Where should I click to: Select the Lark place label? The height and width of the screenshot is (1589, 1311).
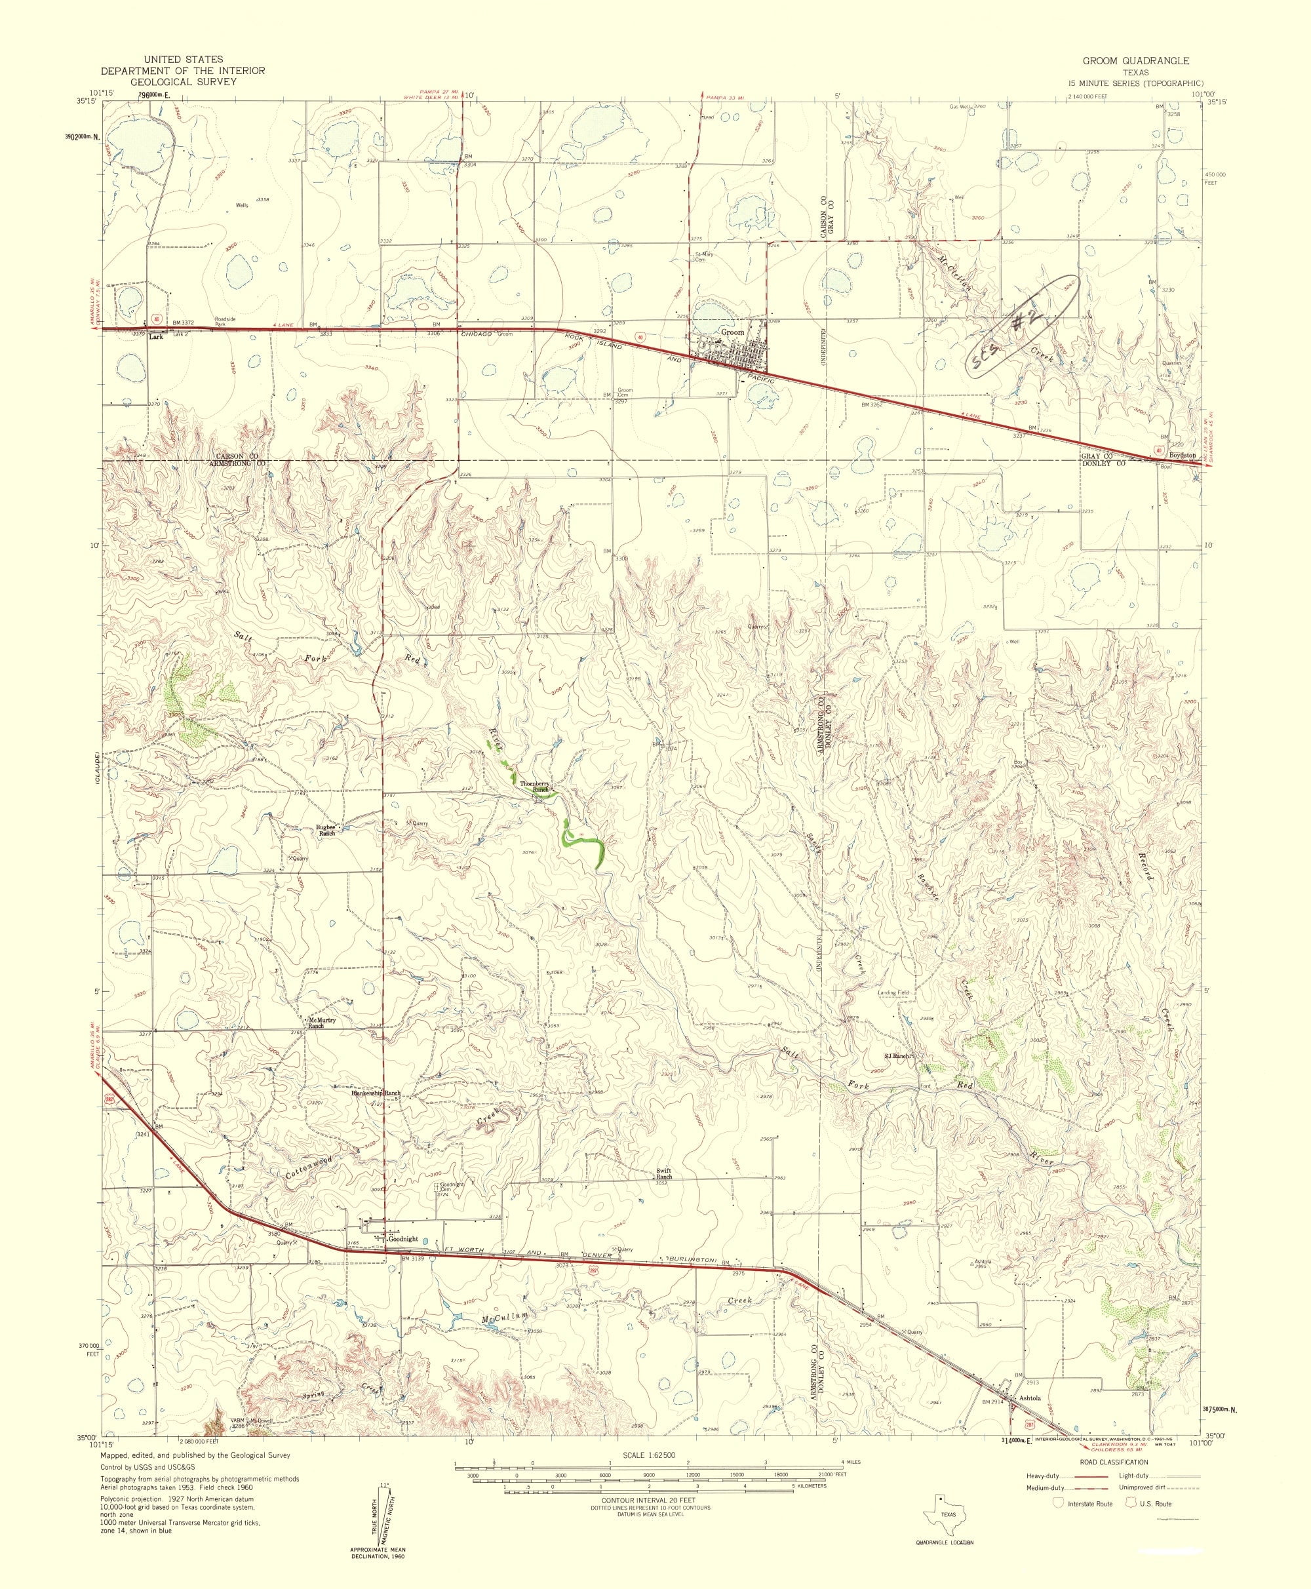(x=156, y=337)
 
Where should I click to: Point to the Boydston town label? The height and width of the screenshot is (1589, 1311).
(x=1183, y=456)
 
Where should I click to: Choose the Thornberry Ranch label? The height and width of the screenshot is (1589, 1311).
(x=534, y=786)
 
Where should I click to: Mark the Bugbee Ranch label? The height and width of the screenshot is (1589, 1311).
(x=330, y=829)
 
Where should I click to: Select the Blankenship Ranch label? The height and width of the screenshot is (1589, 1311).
(x=376, y=1093)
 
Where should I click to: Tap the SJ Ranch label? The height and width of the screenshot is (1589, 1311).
(x=899, y=1056)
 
